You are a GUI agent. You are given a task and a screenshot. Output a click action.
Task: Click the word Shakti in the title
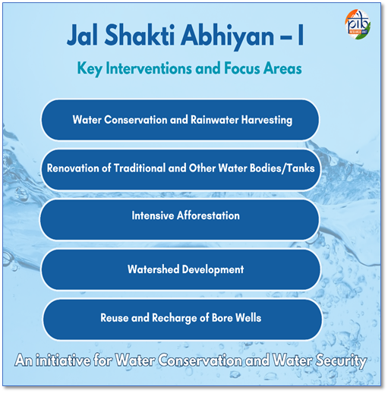pos(140,35)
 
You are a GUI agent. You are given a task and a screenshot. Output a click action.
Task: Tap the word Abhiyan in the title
pos(227,37)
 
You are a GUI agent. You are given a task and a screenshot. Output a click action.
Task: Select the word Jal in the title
pos(83,35)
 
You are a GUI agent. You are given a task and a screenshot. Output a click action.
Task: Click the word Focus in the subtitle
pos(241,68)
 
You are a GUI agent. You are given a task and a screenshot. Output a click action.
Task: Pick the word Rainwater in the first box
pos(214,120)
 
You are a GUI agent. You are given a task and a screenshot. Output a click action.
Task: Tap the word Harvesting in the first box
pos(267,120)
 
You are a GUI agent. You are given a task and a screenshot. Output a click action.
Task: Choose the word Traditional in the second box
pos(140,168)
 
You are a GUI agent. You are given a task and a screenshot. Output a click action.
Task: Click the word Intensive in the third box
pos(153,215)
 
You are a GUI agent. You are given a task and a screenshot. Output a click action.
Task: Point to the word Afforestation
pos(208,215)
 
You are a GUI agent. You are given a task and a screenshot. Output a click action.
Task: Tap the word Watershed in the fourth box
pos(153,269)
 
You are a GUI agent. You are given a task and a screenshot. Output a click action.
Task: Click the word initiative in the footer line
pos(63,360)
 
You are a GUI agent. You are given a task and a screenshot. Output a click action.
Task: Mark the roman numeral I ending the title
pos(301,35)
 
